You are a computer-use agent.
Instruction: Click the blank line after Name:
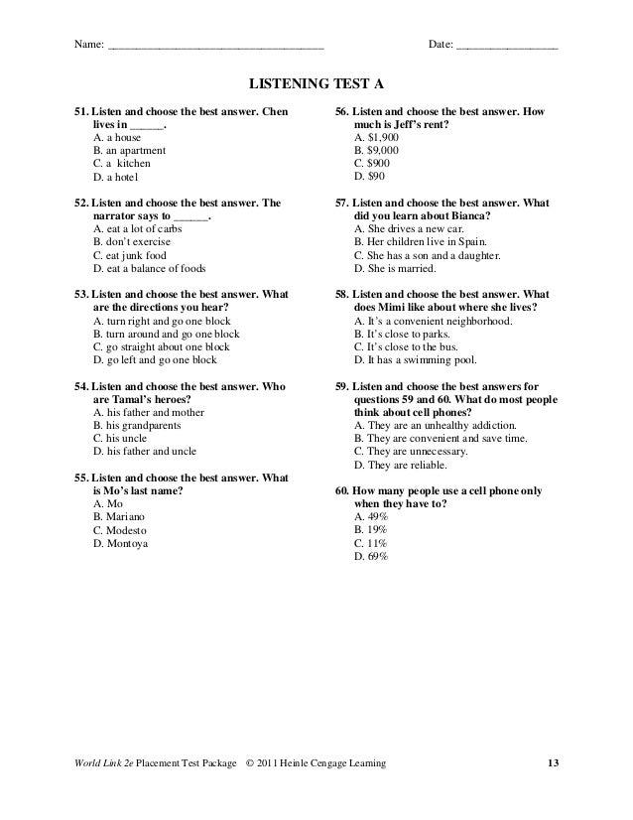(x=215, y=46)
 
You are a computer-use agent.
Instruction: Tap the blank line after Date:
(x=506, y=46)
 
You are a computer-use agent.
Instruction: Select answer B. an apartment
(x=129, y=151)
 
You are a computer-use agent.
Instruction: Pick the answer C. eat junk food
(x=135, y=255)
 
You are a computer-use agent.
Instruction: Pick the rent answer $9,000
(x=377, y=151)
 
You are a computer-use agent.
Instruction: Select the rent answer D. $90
(x=370, y=177)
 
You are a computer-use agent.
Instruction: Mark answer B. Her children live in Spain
(x=422, y=242)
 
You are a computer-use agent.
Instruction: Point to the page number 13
(x=554, y=762)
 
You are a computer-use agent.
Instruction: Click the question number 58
(x=343, y=295)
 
